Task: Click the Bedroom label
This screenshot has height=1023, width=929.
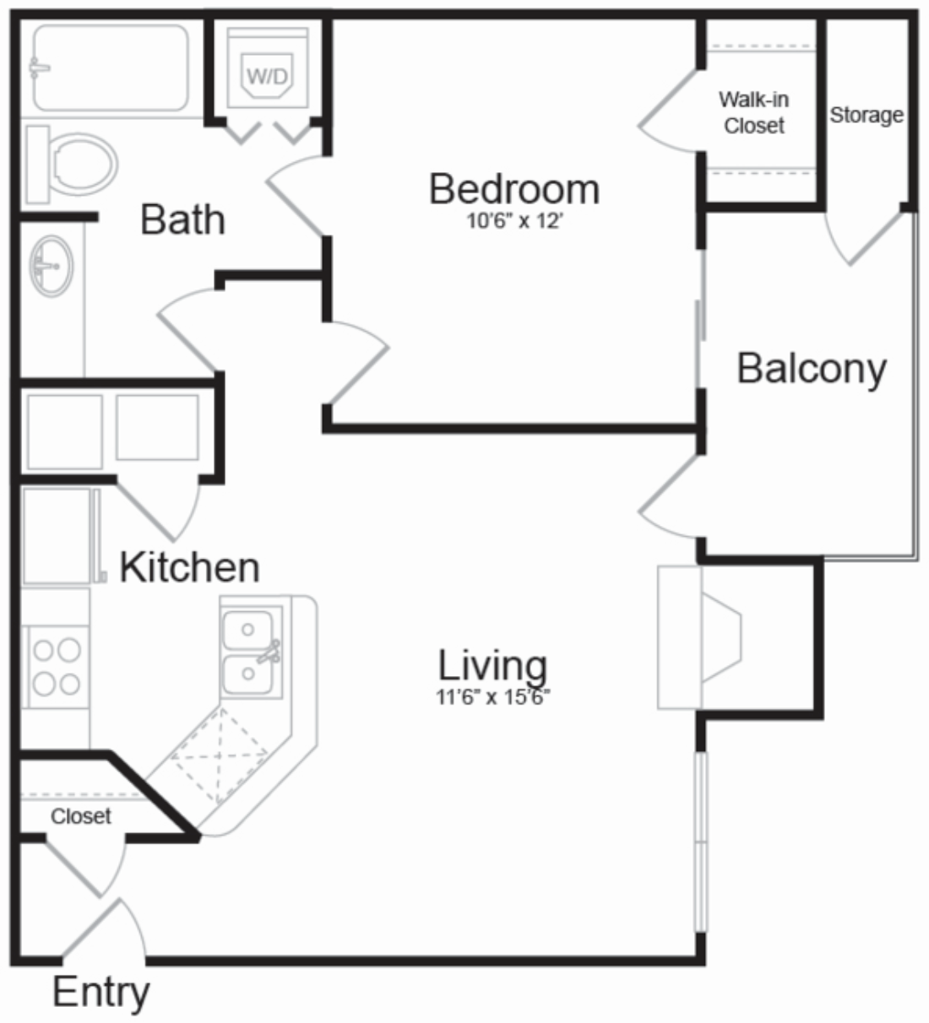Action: tap(514, 189)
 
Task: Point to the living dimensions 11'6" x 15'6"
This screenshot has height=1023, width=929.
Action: tap(492, 696)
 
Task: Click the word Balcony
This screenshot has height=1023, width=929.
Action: tap(812, 369)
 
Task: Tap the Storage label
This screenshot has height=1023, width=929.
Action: tap(866, 115)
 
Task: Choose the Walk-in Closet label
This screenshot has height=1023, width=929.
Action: tap(754, 112)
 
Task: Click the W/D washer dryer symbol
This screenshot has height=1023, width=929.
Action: tap(267, 74)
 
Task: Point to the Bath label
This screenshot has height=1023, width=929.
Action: tap(182, 219)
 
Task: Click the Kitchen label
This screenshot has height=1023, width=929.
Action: tap(189, 567)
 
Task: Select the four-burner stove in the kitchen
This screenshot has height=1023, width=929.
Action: tap(56, 666)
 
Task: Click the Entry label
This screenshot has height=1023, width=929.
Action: tap(101, 993)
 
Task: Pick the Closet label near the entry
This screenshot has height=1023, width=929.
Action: tap(81, 816)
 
